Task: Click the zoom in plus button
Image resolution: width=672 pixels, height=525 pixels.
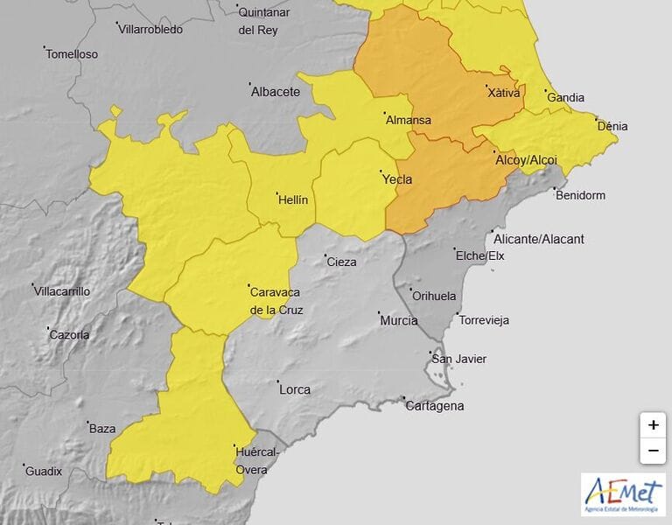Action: coord(653,425)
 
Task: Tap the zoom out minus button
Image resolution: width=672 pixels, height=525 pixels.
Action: coord(653,451)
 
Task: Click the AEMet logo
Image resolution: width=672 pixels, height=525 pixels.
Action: coord(623,494)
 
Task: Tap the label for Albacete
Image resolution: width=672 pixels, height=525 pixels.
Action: coord(275,92)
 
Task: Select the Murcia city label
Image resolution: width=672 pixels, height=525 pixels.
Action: coord(398,321)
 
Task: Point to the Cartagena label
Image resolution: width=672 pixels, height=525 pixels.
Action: coord(434,406)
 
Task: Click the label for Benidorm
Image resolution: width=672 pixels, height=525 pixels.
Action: coord(580,195)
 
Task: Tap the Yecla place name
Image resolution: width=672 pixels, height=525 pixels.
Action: coord(396,180)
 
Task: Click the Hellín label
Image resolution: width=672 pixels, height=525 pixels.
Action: coord(292,200)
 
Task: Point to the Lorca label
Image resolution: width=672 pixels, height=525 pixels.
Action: coord(294,390)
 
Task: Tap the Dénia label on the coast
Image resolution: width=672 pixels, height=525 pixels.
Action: coord(612,126)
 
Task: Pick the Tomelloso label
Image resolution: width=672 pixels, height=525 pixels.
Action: coord(72,54)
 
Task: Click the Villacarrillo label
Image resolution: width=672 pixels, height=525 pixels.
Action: coord(61,291)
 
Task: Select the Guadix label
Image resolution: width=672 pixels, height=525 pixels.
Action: coord(44,472)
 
